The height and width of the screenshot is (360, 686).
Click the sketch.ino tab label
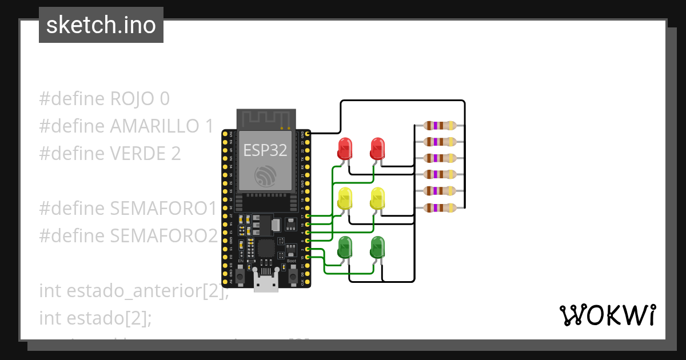coord(101,25)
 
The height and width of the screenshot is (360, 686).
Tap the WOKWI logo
coord(607,315)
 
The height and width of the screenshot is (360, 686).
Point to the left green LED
coord(345,247)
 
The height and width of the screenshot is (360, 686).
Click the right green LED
coord(377,247)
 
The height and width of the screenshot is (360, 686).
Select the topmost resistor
coord(439,125)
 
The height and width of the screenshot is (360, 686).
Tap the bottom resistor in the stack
coord(439,207)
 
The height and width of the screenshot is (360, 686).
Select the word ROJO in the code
coord(132,99)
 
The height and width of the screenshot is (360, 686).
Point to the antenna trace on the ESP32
coord(266,119)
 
